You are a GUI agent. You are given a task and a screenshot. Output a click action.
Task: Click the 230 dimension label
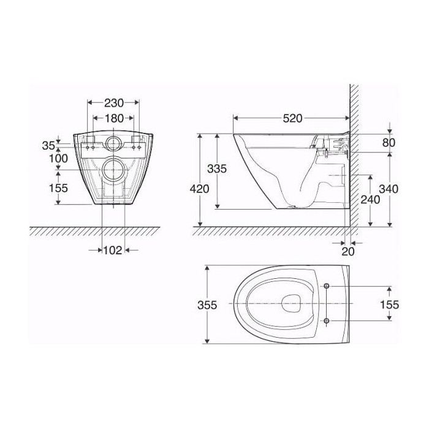tap(114, 103)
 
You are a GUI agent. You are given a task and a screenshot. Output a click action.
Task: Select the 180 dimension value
tap(114, 118)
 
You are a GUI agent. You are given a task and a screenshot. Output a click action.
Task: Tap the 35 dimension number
tap(48, 146)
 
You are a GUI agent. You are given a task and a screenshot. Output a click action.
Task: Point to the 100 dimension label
tap(59, 158)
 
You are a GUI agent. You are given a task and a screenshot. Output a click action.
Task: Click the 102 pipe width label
tap(112, 250)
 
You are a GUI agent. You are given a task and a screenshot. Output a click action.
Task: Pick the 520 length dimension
tap(292, 118)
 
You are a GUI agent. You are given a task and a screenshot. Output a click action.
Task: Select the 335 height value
tap(217, 169)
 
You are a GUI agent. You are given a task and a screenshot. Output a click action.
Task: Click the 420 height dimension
tap(199, 189)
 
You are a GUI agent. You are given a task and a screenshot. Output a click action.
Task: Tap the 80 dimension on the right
tap(389, 143)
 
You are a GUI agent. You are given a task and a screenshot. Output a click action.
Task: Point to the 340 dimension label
tap(389, 189)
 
